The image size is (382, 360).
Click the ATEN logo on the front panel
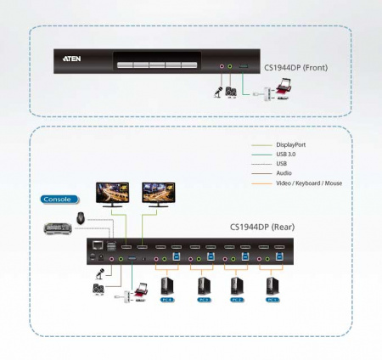[x=73, y=61]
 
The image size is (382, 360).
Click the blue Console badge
[x=58, y=200]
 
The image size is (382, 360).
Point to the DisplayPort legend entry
[x=290, y=145]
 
